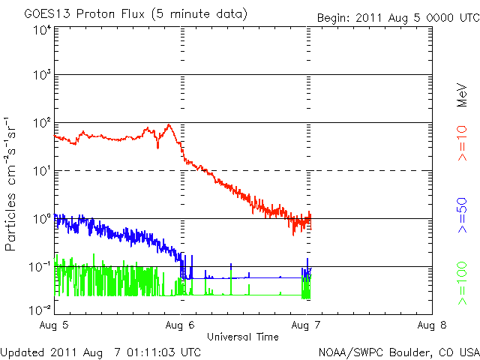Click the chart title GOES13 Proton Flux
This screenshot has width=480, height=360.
click(x=136, y=14)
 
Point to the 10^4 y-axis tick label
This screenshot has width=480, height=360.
click(x=41, y=29)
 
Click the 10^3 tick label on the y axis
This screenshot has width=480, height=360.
click(x=41, y=75)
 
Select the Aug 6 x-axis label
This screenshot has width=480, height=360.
click(x=180, y=325)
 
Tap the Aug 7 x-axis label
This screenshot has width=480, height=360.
click(x=306, y=325)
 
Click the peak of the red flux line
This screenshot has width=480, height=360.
click(x=169, y=125)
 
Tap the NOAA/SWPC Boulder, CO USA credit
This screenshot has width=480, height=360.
click(x=397, y=352)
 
